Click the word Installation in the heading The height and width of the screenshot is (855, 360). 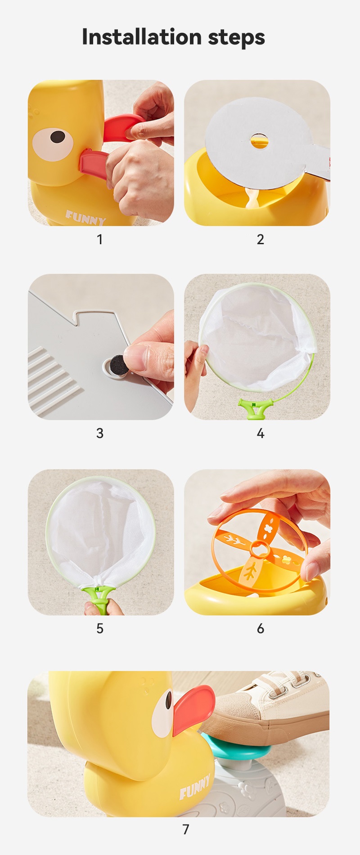coord(141,36)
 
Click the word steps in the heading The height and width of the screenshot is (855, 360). coord(236,38)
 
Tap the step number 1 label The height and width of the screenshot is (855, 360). coord(100,239)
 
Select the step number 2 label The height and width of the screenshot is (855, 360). coord(260,239)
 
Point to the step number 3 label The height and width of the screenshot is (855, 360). coord(100,433)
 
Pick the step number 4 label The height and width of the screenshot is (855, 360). coord(260,433)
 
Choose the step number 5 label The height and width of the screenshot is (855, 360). coord(100,628)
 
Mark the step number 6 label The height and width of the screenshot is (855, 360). coord(260,628)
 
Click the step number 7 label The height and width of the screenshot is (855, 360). coord(185,829)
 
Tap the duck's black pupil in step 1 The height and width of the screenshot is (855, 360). coord(57,137)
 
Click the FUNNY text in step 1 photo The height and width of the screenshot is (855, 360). coord(85,218)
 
